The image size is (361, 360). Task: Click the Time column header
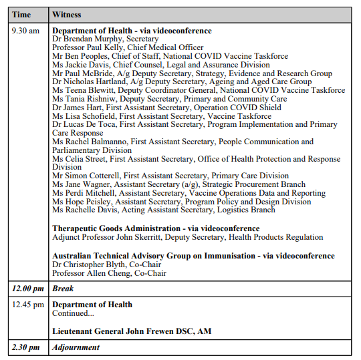(21, 14)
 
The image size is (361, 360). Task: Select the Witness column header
(69, 14)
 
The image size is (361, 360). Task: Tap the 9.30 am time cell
(26, 31)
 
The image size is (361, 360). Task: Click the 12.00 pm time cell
(27, 289)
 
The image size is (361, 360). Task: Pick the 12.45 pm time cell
(28, 305)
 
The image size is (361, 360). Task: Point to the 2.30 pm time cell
(25, 347)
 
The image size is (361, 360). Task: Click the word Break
(63, 289)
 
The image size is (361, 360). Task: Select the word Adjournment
(76, 347)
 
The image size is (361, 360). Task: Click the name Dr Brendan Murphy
(84, 39)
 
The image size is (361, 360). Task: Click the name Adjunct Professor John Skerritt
(116, 237)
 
